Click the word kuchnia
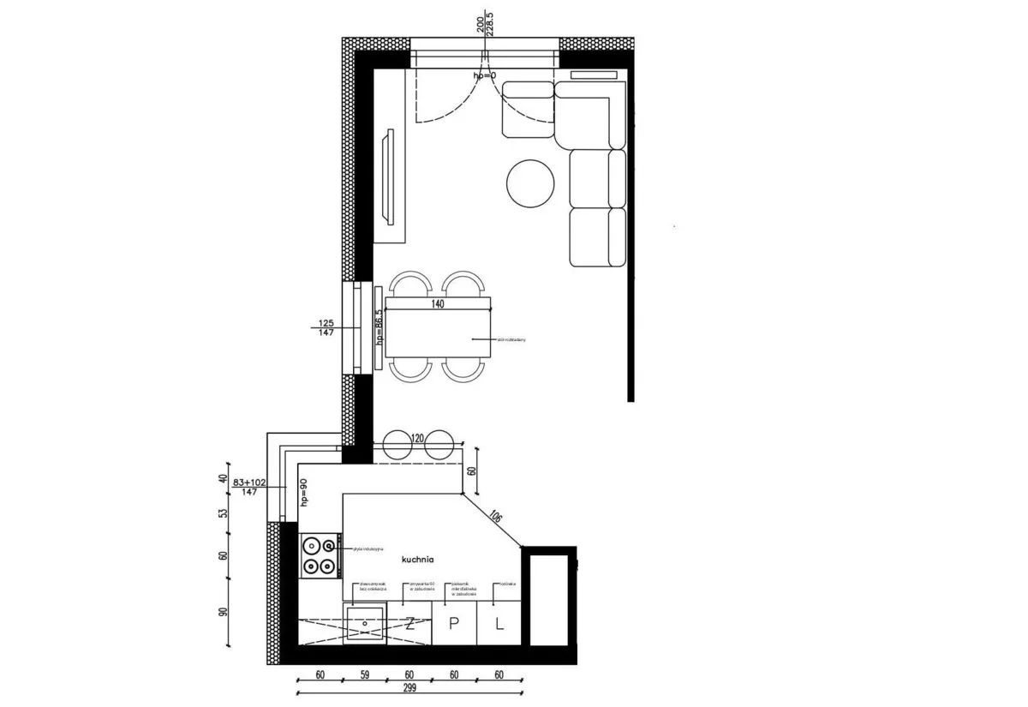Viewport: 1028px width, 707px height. (419, 559)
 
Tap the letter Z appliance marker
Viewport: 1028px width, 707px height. (409, 624)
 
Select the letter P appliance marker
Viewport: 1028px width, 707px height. (454, 623)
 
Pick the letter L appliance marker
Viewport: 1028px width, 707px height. (500, 623)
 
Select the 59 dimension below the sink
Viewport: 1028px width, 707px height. (364, 675)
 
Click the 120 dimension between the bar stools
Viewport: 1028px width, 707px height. (418, 439)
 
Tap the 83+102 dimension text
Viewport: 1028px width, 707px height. (250, 482)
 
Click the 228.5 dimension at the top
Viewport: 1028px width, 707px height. (489, 20)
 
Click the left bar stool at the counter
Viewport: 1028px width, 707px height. (397, 444)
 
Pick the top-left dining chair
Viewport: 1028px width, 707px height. (409, 285)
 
